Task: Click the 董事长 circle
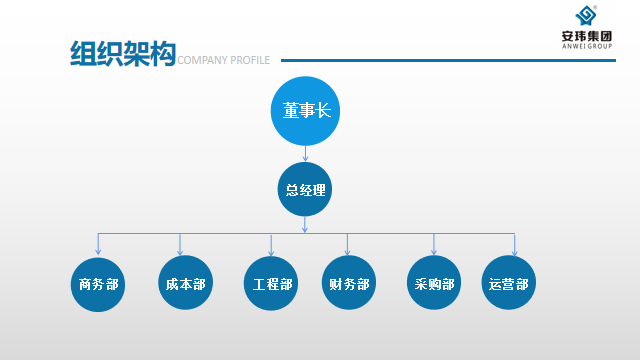tap(305, 111)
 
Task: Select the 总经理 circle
tap(305, 189)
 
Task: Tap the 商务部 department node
tap(98, 284)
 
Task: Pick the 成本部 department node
tap(186, 283)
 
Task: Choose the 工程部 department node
tap(271, 283)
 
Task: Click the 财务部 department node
tap(349, 283)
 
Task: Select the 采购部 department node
tap(434, 283)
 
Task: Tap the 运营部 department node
tap(509, 283)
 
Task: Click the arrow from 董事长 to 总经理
tap(305, 153)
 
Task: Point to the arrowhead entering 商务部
tap(98, 251)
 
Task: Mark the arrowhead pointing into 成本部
tap(180, 251)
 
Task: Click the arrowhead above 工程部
tap(271, 252)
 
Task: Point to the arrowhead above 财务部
tap(347, 251)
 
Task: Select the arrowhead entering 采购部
tap(434, 251)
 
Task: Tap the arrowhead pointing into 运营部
tap(515, 252)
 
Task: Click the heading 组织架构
tap(123, 53)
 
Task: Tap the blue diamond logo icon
tap(586, 16)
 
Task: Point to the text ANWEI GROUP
tap(587, 46)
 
